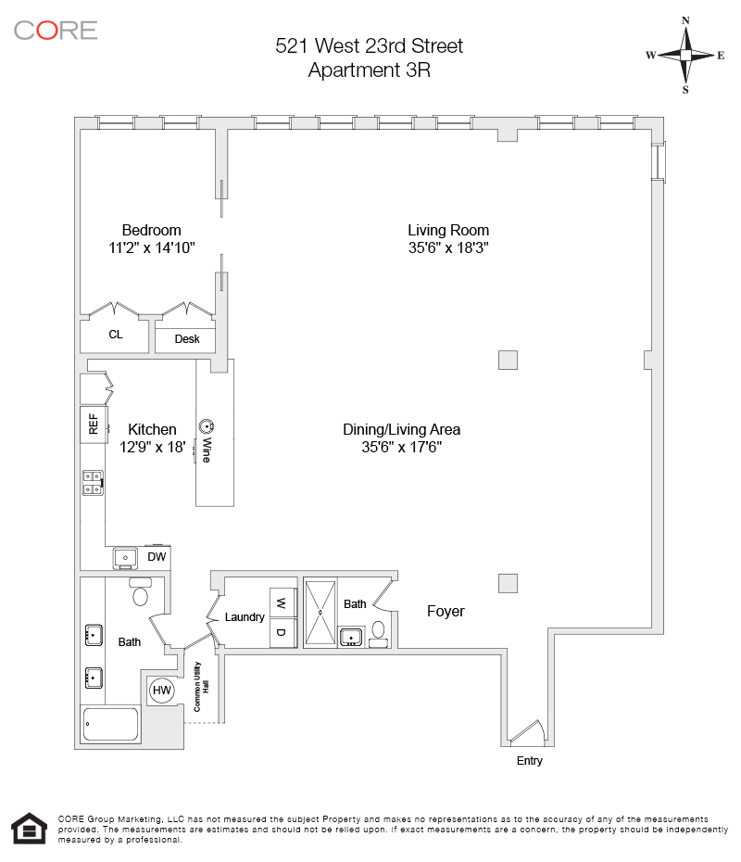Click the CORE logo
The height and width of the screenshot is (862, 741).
pyautogui.click(x=56, y=30)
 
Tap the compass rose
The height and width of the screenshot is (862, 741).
pyautogui.click(x=685, y=56)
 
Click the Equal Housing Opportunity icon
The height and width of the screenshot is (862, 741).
pyautogui.click(x=29, y=829)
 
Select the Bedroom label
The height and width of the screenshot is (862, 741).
pyautogui.click(x=152, y=230)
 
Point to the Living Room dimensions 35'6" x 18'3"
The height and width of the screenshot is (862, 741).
pyautogui.click(x=448, y=247)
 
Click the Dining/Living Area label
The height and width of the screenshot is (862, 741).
pyautogui.click(x=401, y=429)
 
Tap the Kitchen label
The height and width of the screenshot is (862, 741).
pyautogui.click(x=152, y=429)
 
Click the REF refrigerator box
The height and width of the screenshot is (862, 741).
pyautogui.click(x=93, y=425)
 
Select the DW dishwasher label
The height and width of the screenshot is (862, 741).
pyautogui.click(x=157, y=557)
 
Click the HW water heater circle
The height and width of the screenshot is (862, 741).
pyautogui.click(x=162, y=691)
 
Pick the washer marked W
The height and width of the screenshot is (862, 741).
pyautogui.click(x=281, y=603)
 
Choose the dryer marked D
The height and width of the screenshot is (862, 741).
pyautogui.click(x=281, y=632)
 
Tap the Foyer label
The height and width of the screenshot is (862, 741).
pyautogui.click(x=446, y=612)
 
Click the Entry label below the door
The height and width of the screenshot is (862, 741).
pyautogui.click(x=530, y=761)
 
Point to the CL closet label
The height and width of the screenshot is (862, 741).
pyautogui.click(x=116, y=335)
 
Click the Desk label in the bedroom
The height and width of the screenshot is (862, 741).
pyautogui.click(x=187, y=339)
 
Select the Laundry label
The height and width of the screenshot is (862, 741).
pyautogui.click(x=245, y=617)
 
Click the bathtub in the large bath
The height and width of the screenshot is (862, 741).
pyautogui.click(x=111, y=724)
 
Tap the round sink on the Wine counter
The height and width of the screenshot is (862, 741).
pyautogui.click(x=206, y=426)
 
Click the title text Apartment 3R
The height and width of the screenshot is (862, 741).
pyautogui.click(x=370, y=70)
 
